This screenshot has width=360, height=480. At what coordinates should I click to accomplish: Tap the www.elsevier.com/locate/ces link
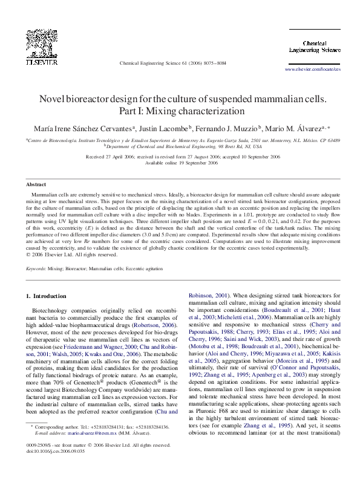tap(313, 70)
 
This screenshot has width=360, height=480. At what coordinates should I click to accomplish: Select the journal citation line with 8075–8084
tap(173, 62)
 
